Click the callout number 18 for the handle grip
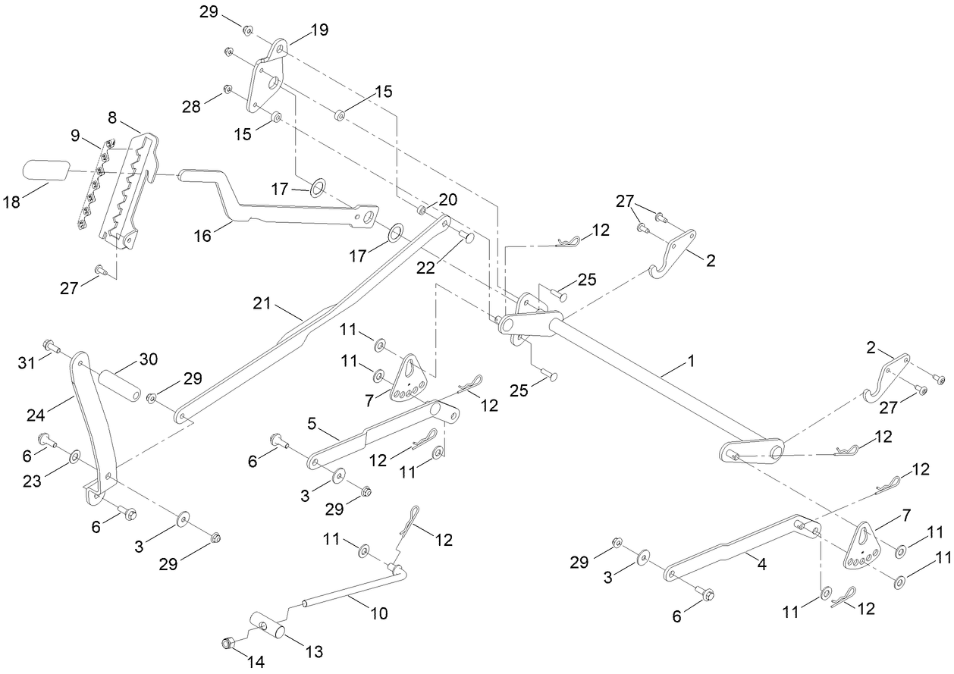[11, 202]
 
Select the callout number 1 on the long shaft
[691, 361]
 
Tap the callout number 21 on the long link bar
[262, 303]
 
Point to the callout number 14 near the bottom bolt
[256, 662]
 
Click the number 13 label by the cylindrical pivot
[314, 651]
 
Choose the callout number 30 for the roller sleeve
[149, 359]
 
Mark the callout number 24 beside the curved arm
[36, 415]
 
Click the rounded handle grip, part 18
[46, 170]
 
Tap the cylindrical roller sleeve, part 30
[120, 385]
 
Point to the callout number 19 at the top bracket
[320, 30]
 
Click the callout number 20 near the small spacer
[448, 199]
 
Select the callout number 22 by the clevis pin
[425, 268]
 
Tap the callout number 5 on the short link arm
[312, 424]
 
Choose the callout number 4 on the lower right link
[762, 564]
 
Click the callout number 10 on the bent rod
[379, 613]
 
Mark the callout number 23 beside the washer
[32, 481]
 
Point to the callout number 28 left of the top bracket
[191, 106]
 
